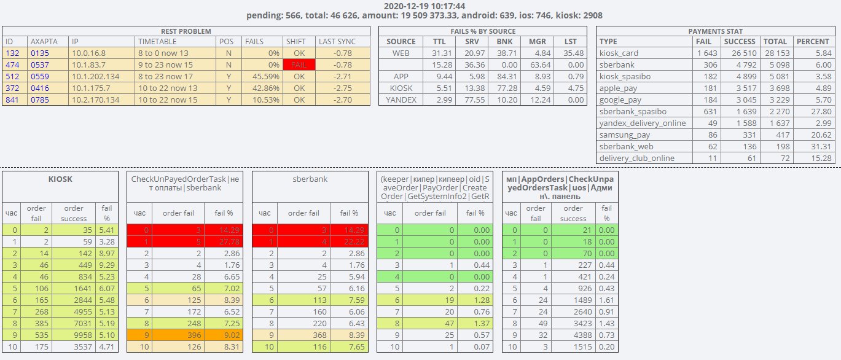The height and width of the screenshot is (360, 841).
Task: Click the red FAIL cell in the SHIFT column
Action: (299, 65)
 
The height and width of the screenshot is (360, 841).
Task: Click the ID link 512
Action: (12, 76)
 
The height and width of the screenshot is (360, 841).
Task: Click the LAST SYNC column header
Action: (337, 41)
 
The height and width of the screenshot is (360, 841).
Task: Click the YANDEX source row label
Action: (401, 100)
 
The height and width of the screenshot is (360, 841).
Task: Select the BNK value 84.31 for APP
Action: (504, 76)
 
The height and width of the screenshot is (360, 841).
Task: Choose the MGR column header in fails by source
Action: (538, 41)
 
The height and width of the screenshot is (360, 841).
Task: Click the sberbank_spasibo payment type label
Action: (633, 111)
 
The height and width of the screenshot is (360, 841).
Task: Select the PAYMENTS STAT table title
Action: (715, 31)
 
